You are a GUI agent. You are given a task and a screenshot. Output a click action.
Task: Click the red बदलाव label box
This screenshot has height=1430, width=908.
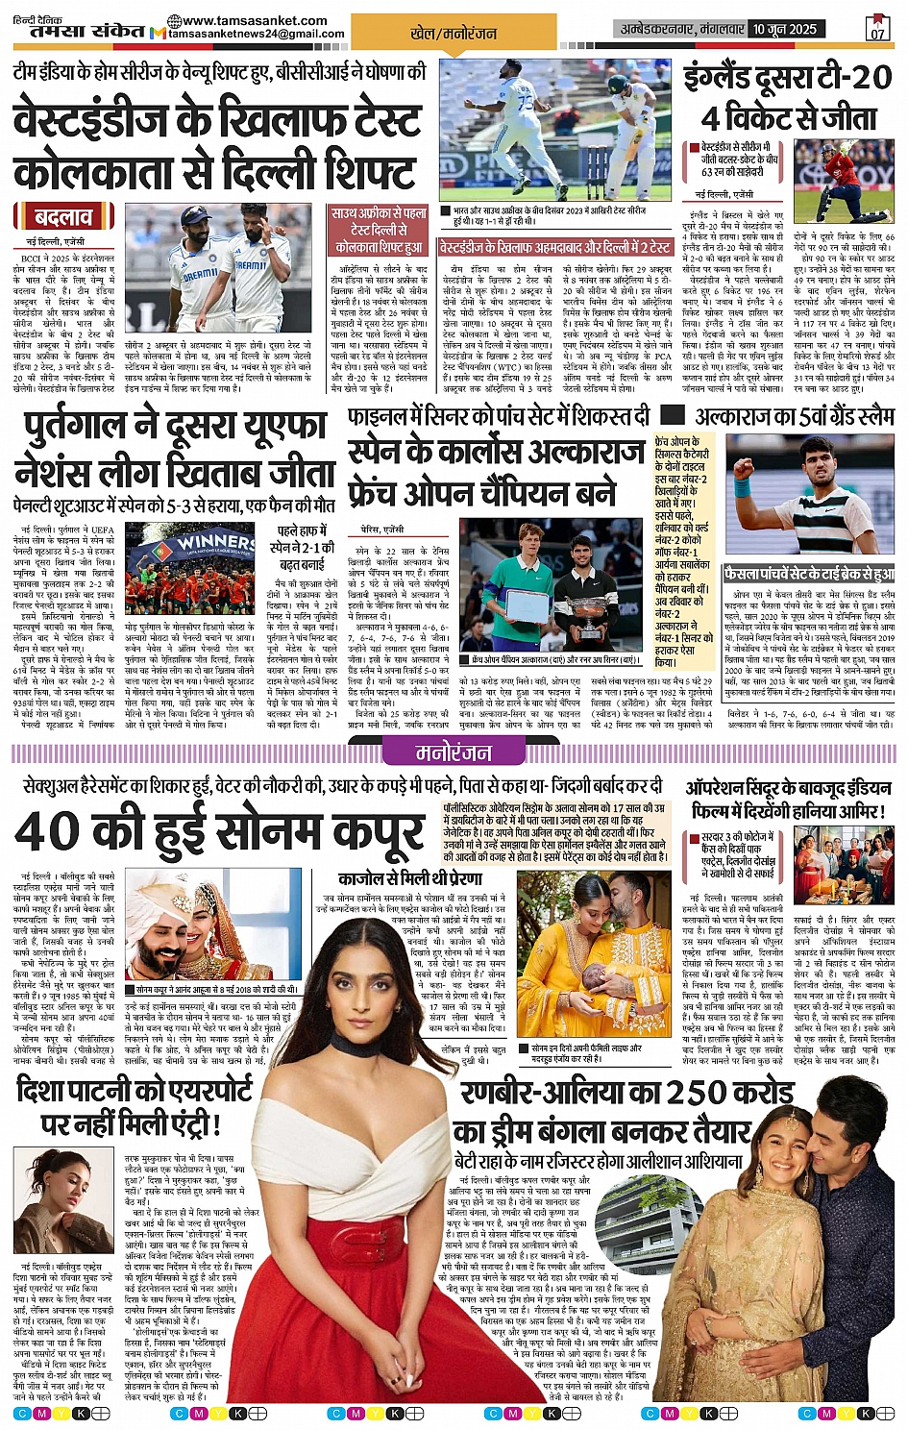click(x=63, y=216)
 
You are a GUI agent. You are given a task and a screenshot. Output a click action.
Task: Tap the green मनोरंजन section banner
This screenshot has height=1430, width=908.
click(x=454, y=753)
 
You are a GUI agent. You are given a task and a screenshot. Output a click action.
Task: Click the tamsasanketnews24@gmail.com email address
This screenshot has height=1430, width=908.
click(x=257, y=35)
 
